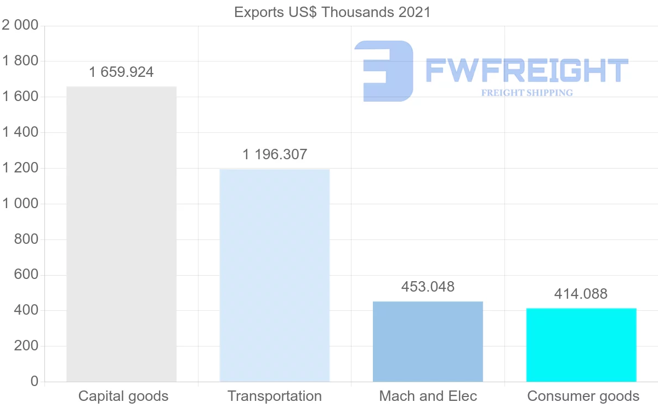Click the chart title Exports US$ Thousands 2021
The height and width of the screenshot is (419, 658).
click(x=332, y=12)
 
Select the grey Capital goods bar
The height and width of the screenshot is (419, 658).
click(x=121, y=234)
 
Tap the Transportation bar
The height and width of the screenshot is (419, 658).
click(x=274, y=275)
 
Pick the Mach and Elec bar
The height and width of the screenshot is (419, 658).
click(x=428, y=342)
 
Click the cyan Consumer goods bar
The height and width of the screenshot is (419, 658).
click(x=581, y=345)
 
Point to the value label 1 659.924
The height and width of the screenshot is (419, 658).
click(x=121, y=72)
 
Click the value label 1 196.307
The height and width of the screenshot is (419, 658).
click(x=275, y=154)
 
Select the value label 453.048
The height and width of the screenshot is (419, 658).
click(x=428, y=287)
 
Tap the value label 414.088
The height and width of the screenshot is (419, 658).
click(x=581, y=294)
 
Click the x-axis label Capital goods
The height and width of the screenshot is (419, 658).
click(x=123, y=396)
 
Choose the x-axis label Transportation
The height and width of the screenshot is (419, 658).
click(x=275, y=396)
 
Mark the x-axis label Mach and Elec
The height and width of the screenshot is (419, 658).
click(x=428, y=396)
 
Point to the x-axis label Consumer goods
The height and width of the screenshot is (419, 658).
click(x=583, y=396)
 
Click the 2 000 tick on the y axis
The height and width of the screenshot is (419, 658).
click(x=20, y=26)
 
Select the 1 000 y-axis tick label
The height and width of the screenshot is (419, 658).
click(x=20, y=204)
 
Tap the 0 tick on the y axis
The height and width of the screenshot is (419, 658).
click(x=35, y=382)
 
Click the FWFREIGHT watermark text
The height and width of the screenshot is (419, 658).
click(x=526, y=70)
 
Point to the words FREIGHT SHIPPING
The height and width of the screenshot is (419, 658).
click(x=527, y=93)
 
